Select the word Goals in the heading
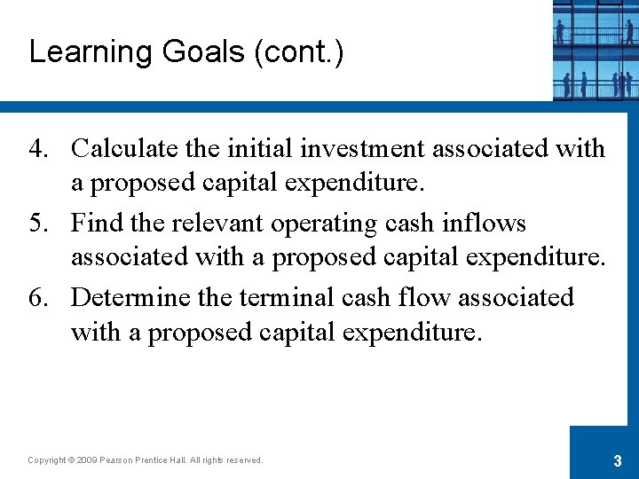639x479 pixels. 204,52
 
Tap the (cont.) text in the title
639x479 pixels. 299,52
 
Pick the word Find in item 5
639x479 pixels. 95,224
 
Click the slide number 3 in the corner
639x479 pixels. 617,460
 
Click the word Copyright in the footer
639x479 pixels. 46,460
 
